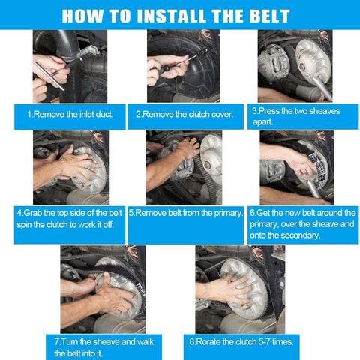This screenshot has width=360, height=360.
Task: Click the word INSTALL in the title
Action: click(171, 16)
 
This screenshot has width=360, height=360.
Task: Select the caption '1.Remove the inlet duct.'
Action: click(70, 115)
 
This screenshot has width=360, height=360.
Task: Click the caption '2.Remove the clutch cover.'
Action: click(184, 115)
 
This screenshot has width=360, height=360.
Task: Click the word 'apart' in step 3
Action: click(262, 122)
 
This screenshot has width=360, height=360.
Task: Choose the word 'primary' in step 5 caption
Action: click(228, 214)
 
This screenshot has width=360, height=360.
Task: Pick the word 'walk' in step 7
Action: click(145, 342)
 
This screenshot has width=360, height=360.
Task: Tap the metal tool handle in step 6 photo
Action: click(313, 188)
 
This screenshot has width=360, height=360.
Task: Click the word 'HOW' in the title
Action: click(82, 16)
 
